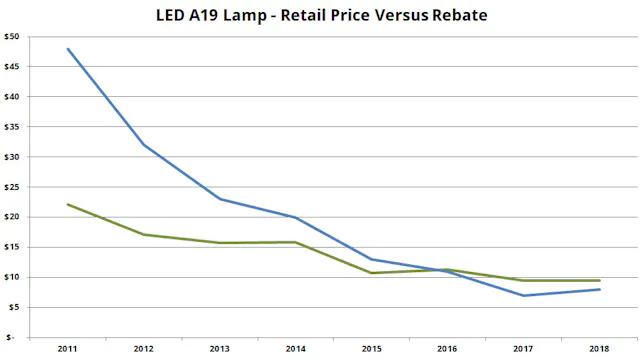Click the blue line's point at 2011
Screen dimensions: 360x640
click(68, 49)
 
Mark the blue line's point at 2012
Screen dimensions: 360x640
click(144, 145)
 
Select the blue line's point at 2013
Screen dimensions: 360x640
click(220, 199)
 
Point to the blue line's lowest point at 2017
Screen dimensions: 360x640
click(522, 295)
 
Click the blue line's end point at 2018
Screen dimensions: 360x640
click(598, 289)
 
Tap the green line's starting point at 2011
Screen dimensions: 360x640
click(68, 204)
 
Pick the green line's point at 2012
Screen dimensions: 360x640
click(144, 235)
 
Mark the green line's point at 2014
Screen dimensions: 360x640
click(295, 242)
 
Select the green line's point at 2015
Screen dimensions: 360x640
click(371, 273)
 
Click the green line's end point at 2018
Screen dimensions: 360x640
click(598, 280)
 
